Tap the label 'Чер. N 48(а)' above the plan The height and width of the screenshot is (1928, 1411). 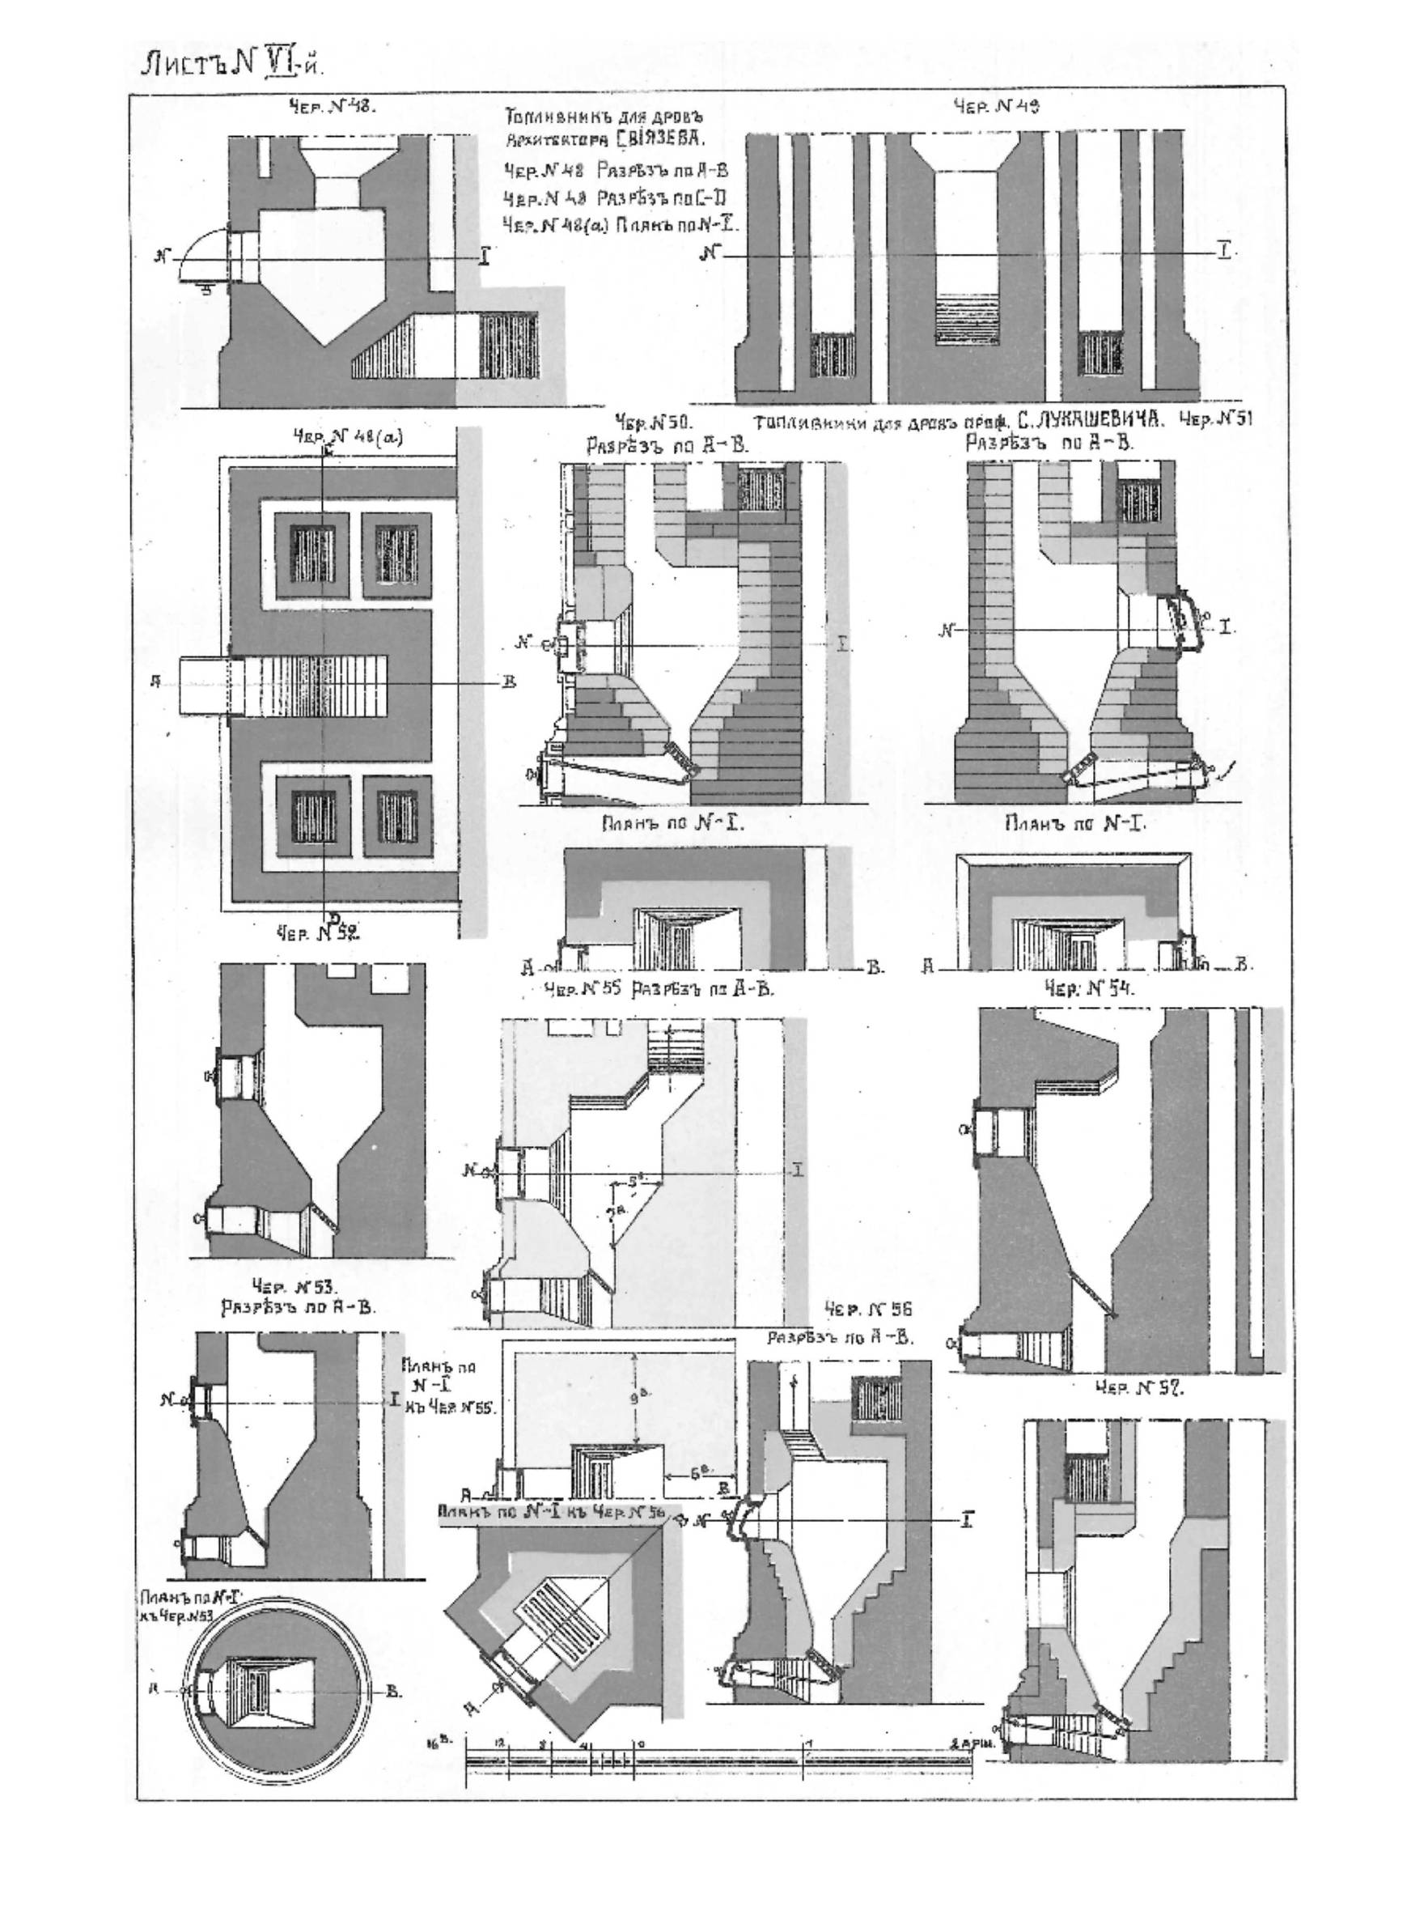point(347,438)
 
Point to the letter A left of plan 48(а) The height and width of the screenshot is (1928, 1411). point(156,681)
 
